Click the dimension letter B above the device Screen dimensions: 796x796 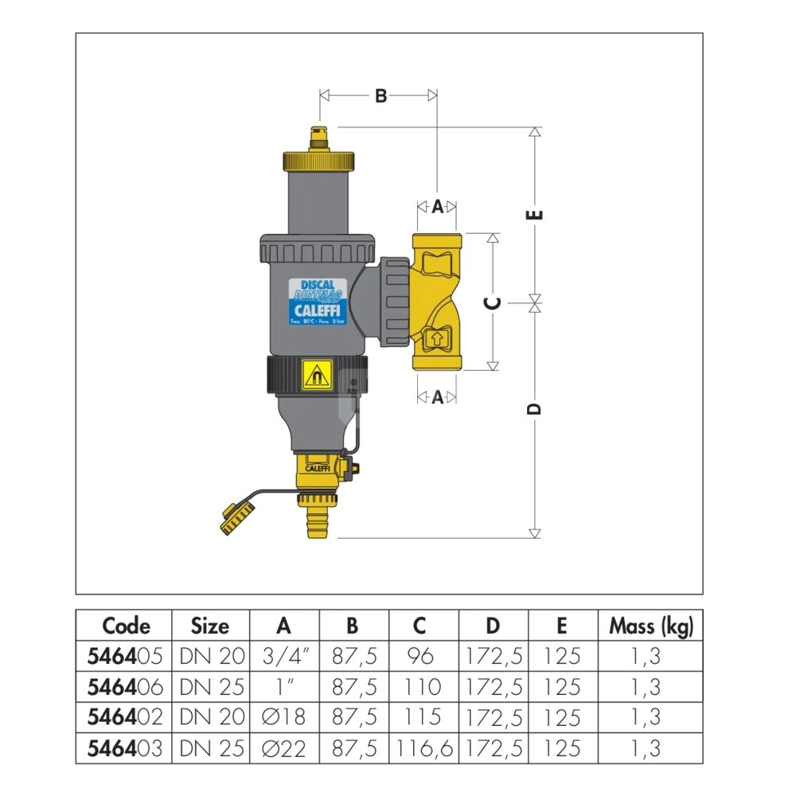pos(380,96)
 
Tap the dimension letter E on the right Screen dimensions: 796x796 pos(536,214)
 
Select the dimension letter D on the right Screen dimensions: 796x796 pos(536,408)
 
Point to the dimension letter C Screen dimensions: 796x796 pos(493,302)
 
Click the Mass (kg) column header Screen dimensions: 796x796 pos(651,626)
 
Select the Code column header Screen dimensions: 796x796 pos(126,626)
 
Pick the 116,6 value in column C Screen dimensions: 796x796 pos(423,747)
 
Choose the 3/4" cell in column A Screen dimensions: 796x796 pos(285,657)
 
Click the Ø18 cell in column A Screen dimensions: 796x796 pos(285,717)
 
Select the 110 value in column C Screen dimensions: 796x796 pos(423,687)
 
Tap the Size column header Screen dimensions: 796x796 pos(210,626)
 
